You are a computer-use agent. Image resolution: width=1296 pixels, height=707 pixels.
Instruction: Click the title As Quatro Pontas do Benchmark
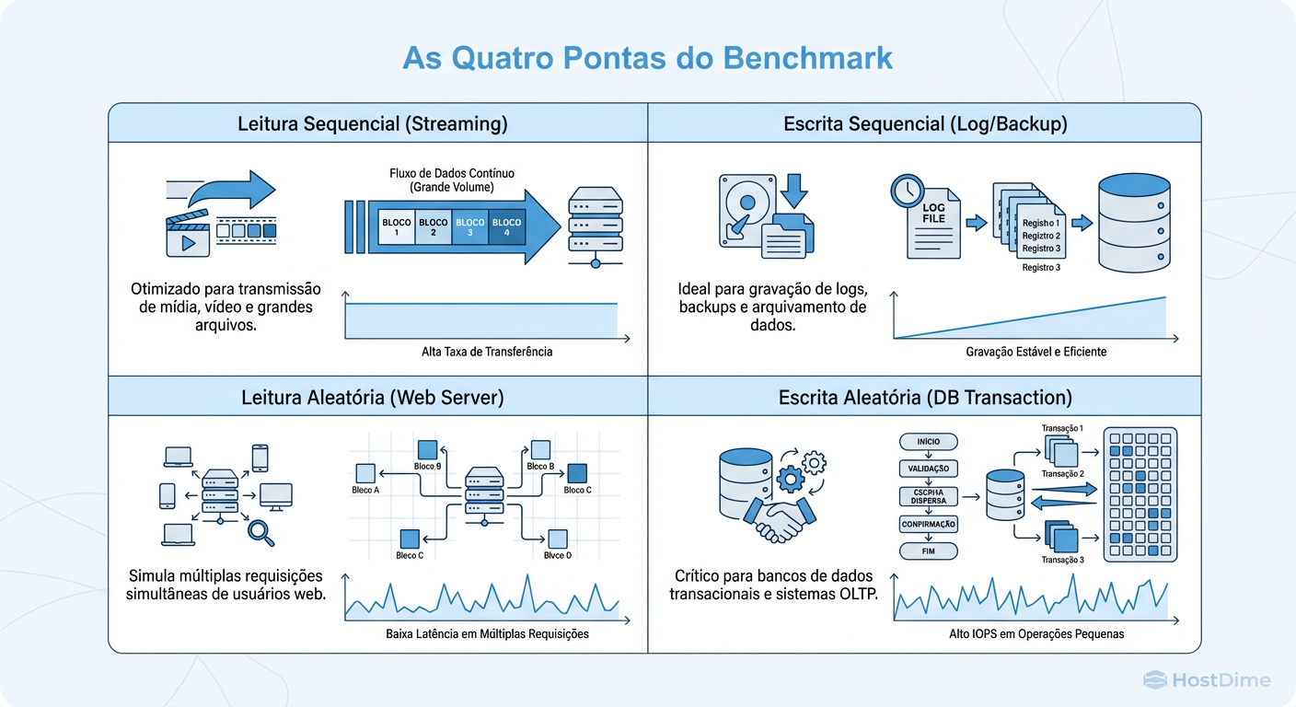[648, 57]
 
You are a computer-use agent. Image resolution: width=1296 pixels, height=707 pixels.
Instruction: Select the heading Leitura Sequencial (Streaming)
[372, 123]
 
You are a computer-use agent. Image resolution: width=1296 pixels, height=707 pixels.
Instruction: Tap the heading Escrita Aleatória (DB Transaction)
[925, 398]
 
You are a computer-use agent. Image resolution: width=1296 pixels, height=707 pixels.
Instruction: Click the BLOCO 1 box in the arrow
[396, 227]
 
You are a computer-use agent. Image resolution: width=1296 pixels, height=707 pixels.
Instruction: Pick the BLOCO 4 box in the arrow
[506, 227]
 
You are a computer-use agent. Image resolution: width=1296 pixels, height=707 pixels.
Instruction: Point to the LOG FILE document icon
[933, 225]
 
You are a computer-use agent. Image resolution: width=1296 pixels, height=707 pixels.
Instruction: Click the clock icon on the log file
[907, 191]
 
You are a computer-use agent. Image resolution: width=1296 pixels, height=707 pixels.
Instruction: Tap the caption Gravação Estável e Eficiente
[1036, 352]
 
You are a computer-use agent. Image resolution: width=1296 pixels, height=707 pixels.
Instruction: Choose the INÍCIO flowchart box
[928, 442]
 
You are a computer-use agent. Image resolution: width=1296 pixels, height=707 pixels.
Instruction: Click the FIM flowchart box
[928, 551]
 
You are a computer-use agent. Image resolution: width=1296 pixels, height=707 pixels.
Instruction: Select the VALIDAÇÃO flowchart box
[928, 469]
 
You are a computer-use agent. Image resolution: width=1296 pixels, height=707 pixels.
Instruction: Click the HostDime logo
[1207, 680]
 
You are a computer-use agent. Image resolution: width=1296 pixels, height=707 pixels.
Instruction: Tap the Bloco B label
[540, 467]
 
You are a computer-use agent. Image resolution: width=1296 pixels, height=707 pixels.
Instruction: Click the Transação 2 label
[1062, 474]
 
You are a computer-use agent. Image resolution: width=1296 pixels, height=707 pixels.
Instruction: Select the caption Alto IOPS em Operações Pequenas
[1036, 634]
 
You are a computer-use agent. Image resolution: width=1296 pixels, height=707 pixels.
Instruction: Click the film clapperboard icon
[186, 234]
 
